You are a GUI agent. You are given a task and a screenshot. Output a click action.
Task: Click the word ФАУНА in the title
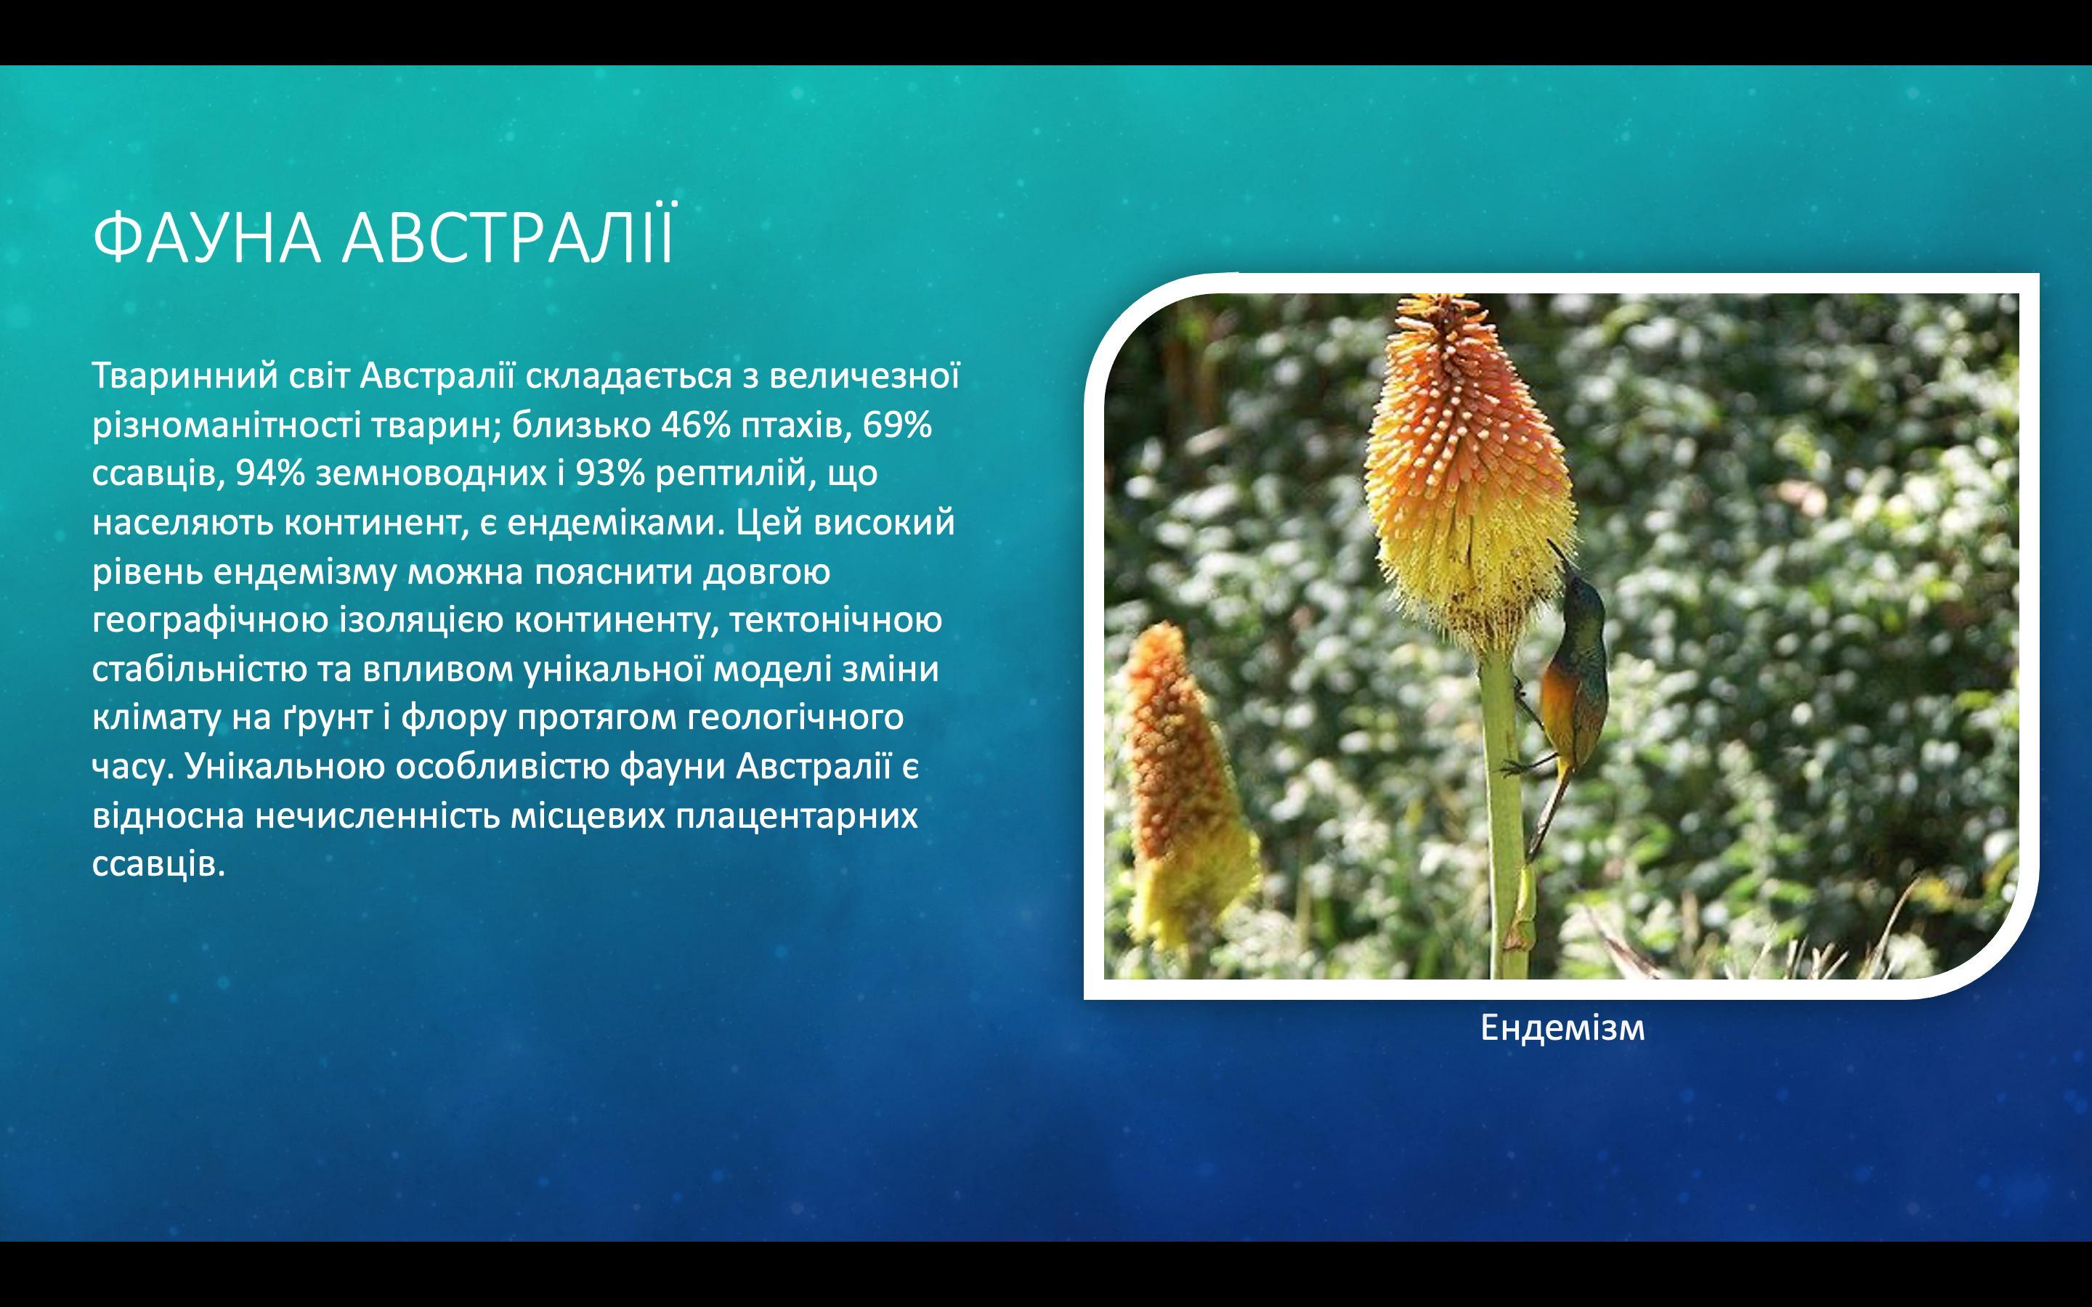tap(206, 237)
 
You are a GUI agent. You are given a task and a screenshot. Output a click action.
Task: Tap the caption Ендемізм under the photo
tap(1562, 1027)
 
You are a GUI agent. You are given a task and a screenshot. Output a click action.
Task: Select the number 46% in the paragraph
tap(696, 425)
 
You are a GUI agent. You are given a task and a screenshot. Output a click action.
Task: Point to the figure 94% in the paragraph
tap(270, 473)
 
